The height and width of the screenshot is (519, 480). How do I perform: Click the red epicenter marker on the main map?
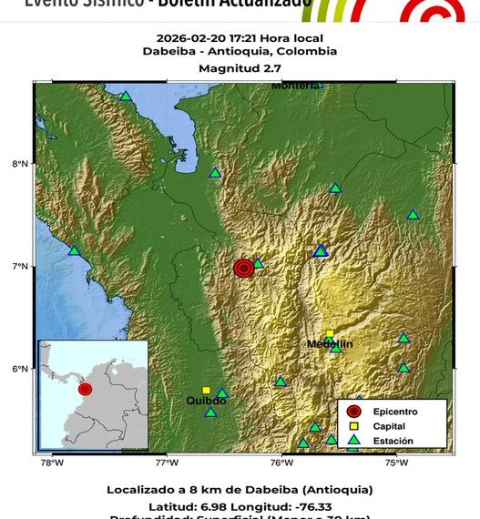[x=243, y=268]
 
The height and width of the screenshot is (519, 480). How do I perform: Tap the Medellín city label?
[x=330, y=343]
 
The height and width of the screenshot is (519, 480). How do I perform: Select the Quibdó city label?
[x=206, y=400]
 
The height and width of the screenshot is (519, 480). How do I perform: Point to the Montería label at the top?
[x=294, y=86]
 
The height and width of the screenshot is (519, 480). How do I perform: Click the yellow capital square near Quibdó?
[x=206, y=390]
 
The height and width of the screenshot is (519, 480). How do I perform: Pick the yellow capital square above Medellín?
[x=330, y=334]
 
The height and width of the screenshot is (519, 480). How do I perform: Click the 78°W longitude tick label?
[x=53, y=462]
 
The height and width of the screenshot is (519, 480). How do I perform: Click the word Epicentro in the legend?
[x=393, y=412]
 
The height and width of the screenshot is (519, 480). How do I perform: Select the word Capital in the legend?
[x=389, y=426]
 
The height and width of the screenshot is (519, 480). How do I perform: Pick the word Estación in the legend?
[x=392, y=441]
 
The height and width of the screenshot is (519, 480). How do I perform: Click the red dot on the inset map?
[x=85, y=389]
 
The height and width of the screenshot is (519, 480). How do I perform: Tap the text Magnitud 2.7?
[x=240, y=68]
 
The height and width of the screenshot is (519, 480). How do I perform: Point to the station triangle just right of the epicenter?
[x=258, y=263]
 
